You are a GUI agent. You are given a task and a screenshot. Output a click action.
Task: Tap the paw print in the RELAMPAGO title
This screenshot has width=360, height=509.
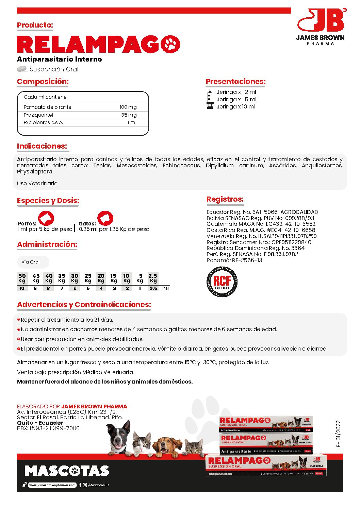click(x=170, y=44)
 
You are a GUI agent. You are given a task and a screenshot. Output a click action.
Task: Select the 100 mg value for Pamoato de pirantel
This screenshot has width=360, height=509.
click(x=128, y=107)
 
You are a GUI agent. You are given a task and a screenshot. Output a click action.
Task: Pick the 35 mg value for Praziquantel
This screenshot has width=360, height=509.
click(x=129, y=115)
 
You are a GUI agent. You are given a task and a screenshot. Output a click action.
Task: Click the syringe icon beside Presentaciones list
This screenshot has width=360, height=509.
click(x=210, y=99)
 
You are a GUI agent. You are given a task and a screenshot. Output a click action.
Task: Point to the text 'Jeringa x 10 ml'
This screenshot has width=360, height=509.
click(x=236, y=107)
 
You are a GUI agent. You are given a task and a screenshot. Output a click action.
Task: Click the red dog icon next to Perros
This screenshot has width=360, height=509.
click(x=46, y=218)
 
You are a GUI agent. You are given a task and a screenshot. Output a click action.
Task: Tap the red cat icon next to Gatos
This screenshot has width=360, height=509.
click(x=105, y=218)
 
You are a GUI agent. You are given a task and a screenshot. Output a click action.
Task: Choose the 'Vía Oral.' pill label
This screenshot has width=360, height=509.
click(x=31, y=262)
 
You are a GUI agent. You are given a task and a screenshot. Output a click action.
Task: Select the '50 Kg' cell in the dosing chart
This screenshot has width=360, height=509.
click(x=22, y=278)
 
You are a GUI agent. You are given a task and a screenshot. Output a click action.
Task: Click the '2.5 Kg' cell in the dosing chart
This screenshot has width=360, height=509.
click(x=153, y=278)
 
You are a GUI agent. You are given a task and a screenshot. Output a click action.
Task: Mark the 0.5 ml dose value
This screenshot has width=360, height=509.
click(x=153, y=288)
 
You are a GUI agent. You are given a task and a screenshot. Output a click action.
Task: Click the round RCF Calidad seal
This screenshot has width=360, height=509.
click(x=222, y=282)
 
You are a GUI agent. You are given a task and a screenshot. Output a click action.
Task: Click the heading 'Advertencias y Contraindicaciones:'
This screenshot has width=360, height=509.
click(x=84, y=305)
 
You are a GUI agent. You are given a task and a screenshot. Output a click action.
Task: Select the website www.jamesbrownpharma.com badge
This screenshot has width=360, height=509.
click(x=52, y=485)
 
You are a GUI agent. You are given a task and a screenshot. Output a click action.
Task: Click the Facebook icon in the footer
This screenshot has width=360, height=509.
click(x=80, y=485)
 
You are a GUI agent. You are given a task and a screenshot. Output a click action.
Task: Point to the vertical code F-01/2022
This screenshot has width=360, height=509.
click(x=338, y=434)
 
